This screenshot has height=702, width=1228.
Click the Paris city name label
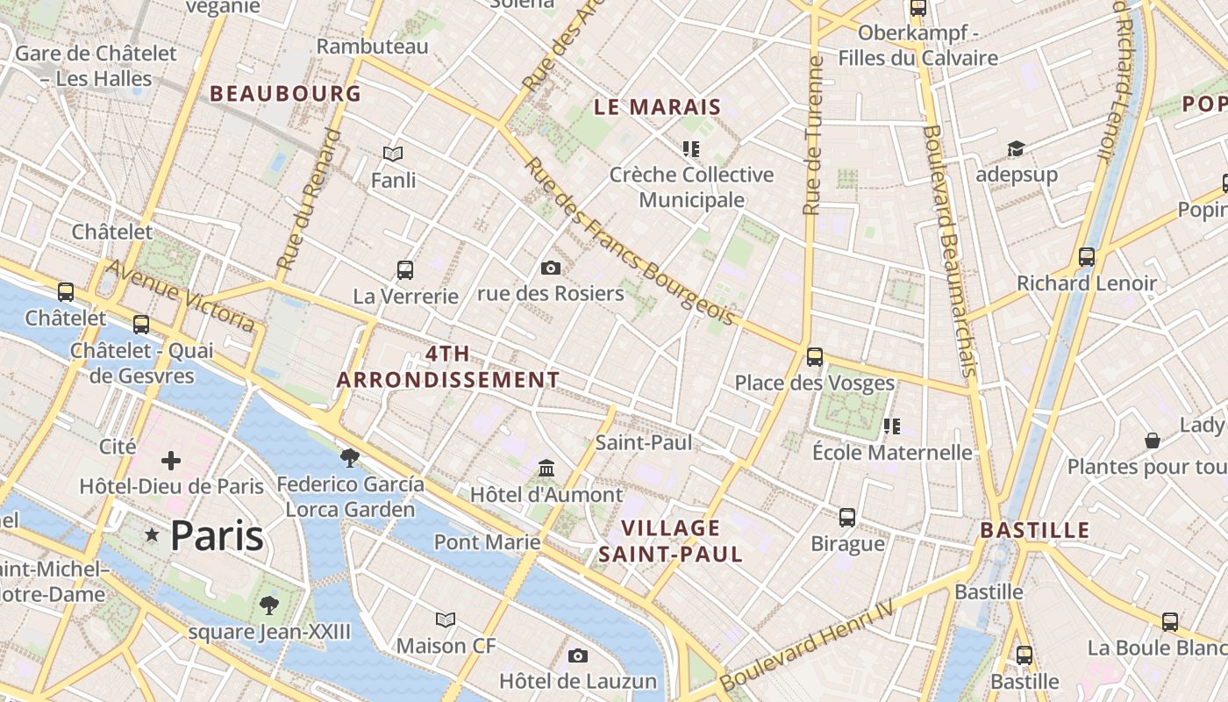(217, 535)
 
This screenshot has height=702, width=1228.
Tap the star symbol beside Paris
(153, 534)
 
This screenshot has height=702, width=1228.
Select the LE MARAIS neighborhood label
(657, 107)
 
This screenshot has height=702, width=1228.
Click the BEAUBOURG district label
(285, 93)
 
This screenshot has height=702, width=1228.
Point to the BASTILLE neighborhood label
(1034, 530)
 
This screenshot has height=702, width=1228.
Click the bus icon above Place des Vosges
(815, 357)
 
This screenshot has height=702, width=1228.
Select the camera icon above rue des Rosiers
(551, 268)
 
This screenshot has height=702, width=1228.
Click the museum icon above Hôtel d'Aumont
(546, 468)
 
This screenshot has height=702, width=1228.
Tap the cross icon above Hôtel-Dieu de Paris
(171, 460)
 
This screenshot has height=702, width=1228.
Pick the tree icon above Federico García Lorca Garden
(349, 457)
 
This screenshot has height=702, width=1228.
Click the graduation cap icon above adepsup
(1016, 148)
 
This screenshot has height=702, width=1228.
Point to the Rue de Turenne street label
(813, 136)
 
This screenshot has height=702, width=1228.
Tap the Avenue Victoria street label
(182, 296)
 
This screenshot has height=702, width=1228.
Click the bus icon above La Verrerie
(405, 269)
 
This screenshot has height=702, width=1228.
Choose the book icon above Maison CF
(446, 620)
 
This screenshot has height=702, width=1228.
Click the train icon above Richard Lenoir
(1087, 257)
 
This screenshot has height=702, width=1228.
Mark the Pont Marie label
(488, 541)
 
